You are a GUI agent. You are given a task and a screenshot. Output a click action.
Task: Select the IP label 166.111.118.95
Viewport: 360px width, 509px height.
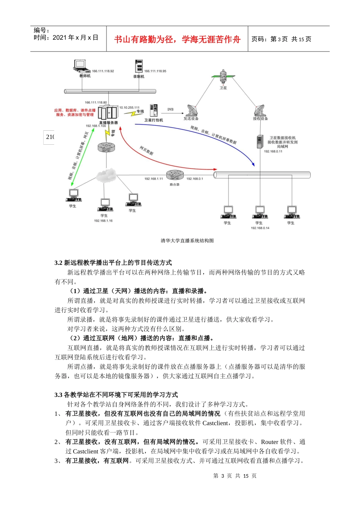(x=155, y=71)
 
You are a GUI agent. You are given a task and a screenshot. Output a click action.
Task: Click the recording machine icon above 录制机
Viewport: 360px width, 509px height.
(x=139, y=66)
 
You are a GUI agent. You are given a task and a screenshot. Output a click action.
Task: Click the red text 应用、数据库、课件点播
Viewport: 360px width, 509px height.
(x=75, y=111)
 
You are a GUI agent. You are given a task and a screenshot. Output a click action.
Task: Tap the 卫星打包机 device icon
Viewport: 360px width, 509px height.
(x=153, y=111)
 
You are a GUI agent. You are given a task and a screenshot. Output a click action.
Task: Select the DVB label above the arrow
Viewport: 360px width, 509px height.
(x=171, y=109)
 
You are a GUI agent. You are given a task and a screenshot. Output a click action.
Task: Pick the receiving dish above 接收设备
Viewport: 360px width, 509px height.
(x=260, y=110)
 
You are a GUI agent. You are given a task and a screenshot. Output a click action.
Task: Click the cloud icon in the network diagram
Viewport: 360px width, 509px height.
(x=105, y=175)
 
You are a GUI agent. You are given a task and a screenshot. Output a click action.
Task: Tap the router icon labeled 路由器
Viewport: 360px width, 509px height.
(x=175, y=175)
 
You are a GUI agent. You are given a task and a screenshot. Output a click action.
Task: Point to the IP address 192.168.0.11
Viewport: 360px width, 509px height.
(x=273, y=151)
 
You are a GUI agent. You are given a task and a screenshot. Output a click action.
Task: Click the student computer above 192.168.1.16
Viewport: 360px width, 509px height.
(x=105, y=205)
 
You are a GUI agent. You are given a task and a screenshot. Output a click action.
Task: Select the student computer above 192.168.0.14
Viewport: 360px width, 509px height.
(x=260, y=212)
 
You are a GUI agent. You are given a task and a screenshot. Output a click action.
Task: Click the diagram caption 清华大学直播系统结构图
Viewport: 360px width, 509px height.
(x=187, y=240)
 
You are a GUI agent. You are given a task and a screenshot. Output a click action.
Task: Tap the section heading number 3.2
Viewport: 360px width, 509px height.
(x=58, y=263)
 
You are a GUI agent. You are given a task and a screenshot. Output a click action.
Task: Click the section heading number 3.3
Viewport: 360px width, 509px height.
(x=58, y=395)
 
